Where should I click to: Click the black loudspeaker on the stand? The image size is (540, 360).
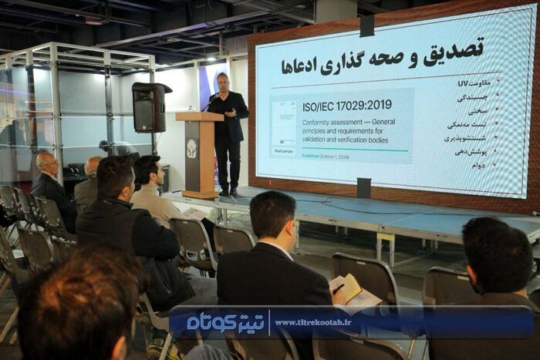[x=148, y=107]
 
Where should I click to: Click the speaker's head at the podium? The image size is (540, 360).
[x=222, y=82]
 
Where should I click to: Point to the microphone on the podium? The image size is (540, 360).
[x=207, y=103]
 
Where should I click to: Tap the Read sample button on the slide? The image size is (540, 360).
[x=282, y=151]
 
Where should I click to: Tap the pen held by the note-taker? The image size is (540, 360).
[x=338, y=288]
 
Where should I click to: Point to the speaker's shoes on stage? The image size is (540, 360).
[x=227, y=193]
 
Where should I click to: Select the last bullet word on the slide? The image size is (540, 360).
[x=480, y=164]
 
